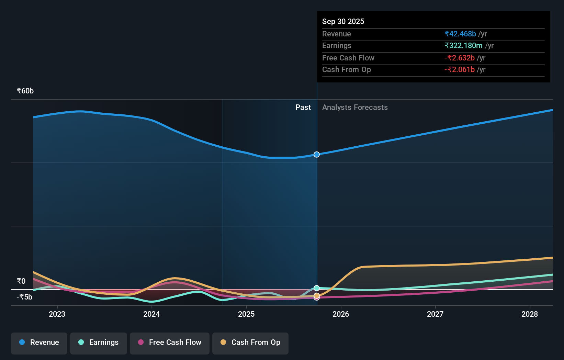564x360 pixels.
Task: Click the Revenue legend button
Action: [x=39, y=342]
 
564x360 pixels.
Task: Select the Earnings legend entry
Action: [x=99, y=342]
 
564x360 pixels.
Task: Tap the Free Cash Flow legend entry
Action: [x=170, y=342]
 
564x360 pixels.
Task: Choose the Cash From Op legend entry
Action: [x=250, y=342]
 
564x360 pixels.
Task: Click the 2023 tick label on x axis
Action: [x=57, y=314]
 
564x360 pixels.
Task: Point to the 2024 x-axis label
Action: [x=151, y=314]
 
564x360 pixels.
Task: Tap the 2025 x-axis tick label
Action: [x=246, y=314]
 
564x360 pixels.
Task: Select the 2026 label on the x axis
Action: [x=341, y=314]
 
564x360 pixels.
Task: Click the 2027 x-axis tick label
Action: [x=435, y=314]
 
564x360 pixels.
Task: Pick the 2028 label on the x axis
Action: [x=530, y=314]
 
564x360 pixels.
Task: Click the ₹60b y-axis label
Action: [x=25, y=91]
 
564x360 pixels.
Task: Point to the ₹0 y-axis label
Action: [x=21, y=281]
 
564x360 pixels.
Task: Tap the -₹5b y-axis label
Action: [x=24, y=297]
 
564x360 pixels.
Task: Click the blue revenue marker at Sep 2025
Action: [x=317, y=155]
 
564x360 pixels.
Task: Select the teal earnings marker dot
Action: [x=317, y=288]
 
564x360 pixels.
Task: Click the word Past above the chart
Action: [x=303, y=108]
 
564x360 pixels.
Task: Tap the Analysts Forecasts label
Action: [x=355, y=108]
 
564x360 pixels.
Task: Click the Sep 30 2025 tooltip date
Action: [x=343, y=21]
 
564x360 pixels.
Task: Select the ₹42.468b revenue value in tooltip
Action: [x=460, y=34]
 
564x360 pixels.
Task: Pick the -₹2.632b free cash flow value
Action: [x=460, y=58]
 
